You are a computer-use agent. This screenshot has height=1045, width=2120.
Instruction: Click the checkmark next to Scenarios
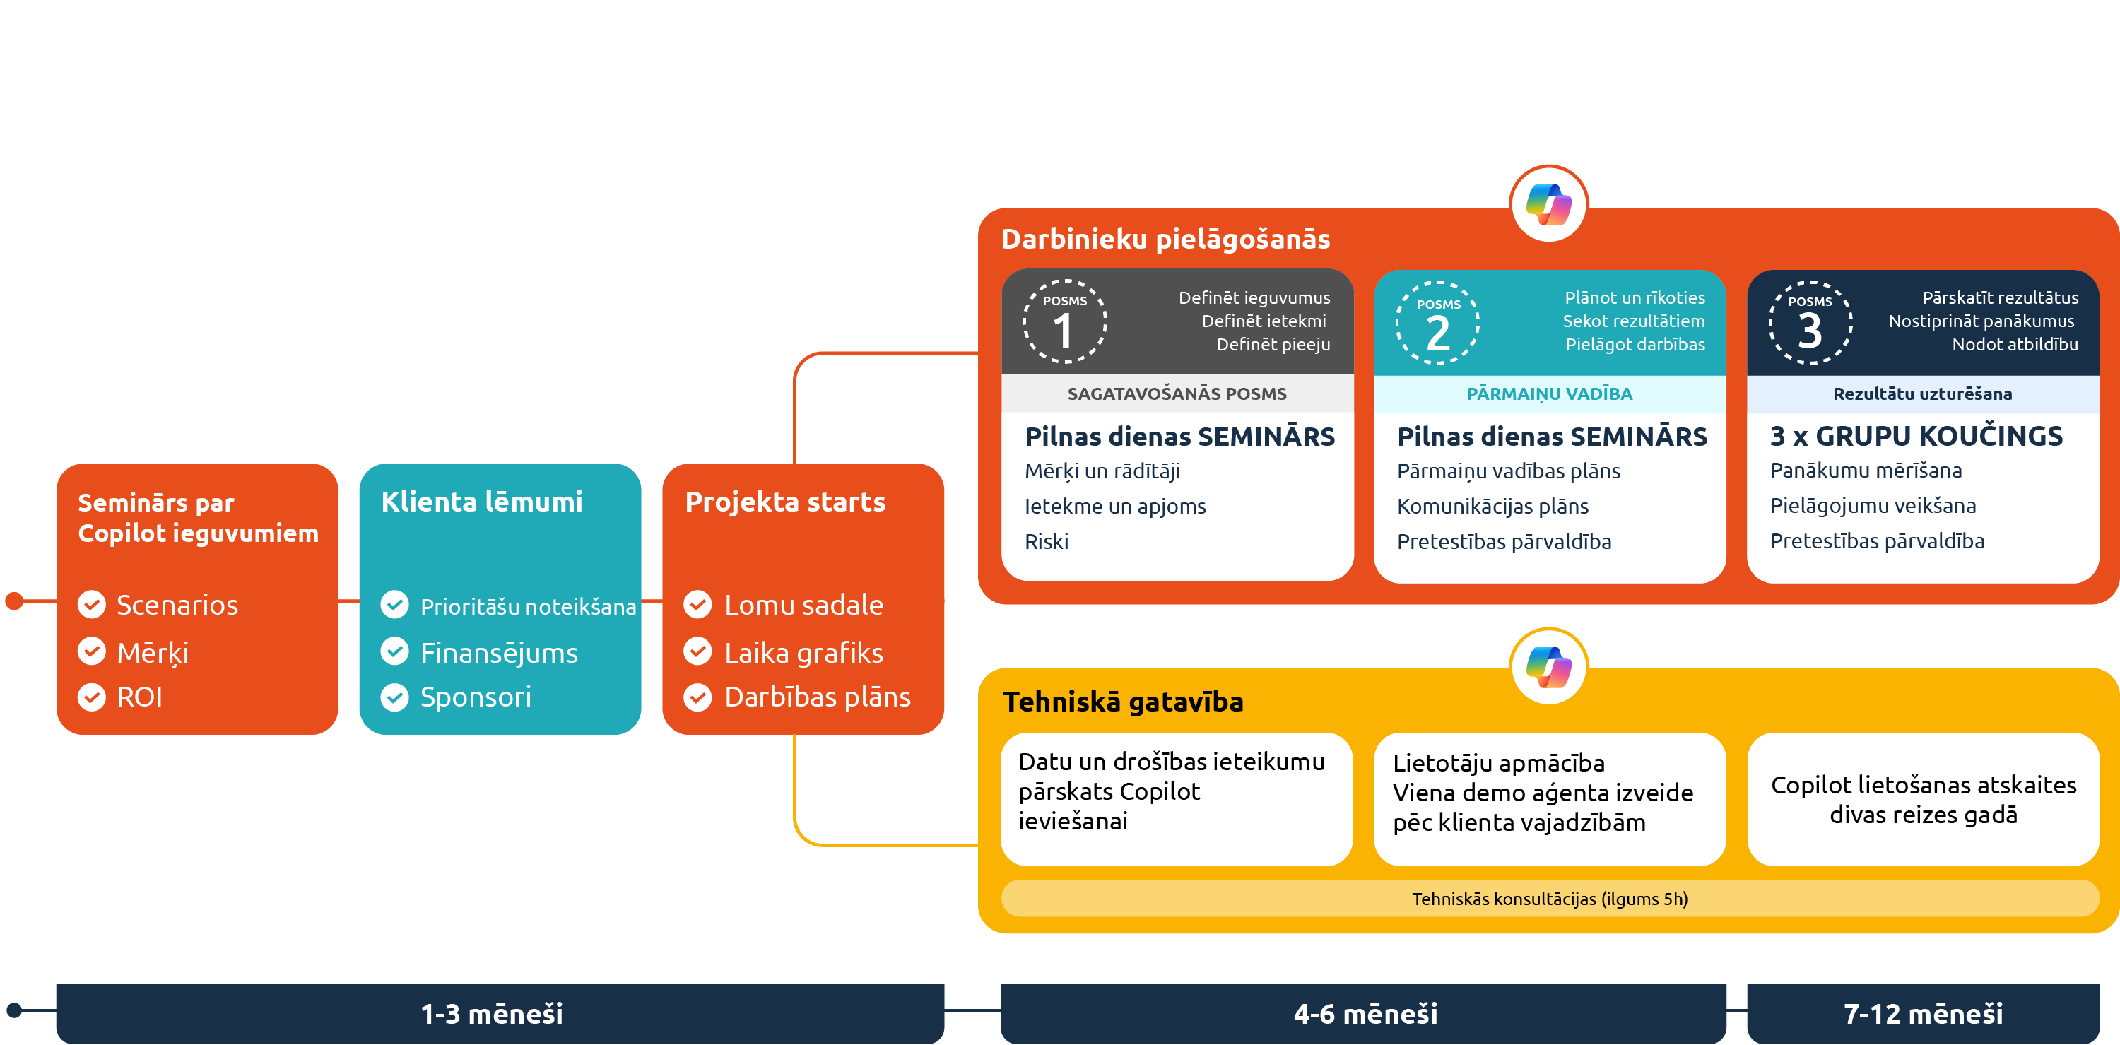91,605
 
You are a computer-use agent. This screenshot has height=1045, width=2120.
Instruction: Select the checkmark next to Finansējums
394,651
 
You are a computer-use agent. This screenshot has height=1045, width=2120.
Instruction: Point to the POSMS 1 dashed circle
1064,321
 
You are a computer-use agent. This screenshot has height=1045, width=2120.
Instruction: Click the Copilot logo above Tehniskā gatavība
1549,666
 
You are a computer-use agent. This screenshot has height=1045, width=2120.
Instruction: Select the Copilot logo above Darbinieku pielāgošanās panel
1549,204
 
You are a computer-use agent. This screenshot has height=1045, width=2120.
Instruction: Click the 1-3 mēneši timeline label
492,1014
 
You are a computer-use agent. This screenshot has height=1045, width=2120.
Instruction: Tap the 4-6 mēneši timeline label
1365,1014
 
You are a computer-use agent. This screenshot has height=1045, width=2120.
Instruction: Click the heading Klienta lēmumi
481,502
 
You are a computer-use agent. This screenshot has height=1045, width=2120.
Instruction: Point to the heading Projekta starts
785,502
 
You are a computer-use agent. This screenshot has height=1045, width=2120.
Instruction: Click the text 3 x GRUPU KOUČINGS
1916,436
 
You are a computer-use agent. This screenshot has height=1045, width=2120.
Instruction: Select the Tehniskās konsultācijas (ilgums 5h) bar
1549,899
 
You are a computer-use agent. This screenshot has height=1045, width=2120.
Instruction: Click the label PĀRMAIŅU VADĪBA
1549,394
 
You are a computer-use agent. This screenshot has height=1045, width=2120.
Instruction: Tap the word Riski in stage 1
1046,541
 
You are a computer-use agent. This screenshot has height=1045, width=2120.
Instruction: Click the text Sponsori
475,697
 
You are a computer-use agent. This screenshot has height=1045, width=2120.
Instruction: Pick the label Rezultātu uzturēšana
1921,394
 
